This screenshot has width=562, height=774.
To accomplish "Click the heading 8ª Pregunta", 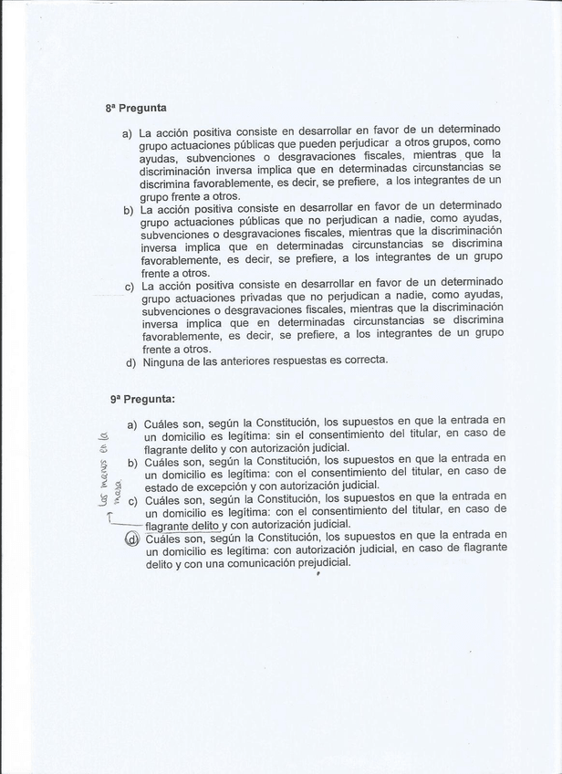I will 135,108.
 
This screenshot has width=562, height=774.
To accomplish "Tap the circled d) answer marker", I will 132,539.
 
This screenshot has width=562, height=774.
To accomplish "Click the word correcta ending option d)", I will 364,360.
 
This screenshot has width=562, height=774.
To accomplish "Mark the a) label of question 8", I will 127,133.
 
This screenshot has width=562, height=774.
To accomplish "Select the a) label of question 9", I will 132,424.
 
